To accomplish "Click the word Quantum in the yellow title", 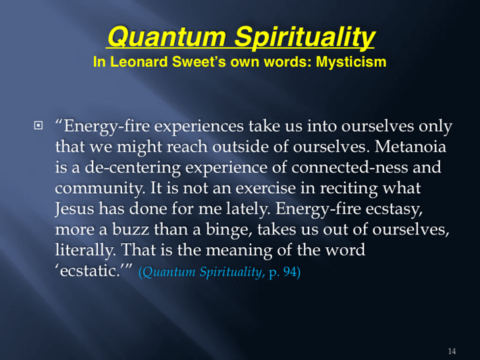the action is [167, 36].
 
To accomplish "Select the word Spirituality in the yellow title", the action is [304, 37].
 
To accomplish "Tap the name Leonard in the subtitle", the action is [139, 61].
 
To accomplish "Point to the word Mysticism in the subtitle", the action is [351, 62].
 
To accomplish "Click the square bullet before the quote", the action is [38, 126].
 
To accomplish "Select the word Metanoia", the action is [410, 147].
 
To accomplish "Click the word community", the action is [98, 188].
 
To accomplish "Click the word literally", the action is [83, 251].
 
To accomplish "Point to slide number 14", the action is [452, 351].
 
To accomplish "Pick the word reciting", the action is [348, 188].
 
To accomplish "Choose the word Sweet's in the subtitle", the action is [199, 61].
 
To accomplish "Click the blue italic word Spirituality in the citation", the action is [232, 272].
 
